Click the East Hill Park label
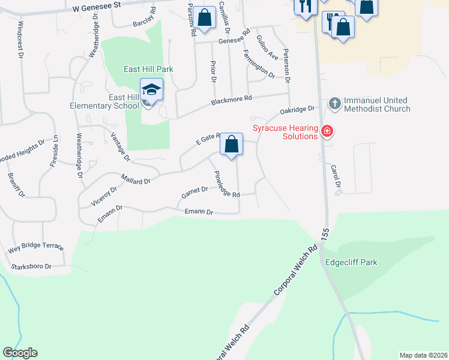pyautogui.click(x=148, y=69)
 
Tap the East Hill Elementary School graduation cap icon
pyautogui.click(x=152, y=90)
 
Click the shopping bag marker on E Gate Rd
pyautogui.click(x=231, y=145)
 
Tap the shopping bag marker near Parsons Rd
pyautogui.click(x=205, y=18)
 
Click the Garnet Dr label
pyautogui.click(x=194, y=193)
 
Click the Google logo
pyautogui.click(x=20, y=353)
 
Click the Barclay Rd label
pyautogui.click(x=144, y=18)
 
